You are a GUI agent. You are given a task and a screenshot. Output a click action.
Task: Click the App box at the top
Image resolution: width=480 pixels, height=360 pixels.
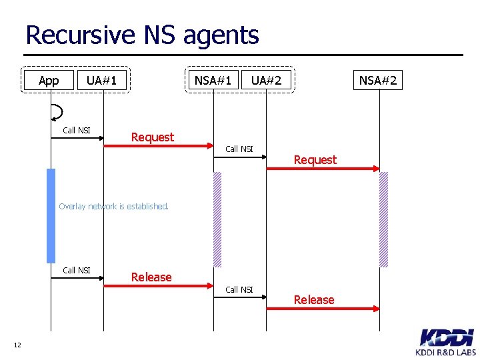coord(49,81)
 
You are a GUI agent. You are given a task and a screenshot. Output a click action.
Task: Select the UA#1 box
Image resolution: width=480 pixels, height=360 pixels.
coord(102,81)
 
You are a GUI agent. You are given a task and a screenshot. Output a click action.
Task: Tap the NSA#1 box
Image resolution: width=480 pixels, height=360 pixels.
coord(213,81)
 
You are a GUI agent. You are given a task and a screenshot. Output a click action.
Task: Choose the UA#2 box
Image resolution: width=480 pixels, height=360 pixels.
coord(266,81)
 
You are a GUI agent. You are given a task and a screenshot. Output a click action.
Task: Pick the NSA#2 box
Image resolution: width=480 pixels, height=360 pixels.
coord(378,81)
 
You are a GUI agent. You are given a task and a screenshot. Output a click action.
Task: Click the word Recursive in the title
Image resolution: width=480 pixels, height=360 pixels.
coord(80,35)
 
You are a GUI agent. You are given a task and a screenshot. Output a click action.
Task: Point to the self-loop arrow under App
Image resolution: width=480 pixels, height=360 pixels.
coord(57,111)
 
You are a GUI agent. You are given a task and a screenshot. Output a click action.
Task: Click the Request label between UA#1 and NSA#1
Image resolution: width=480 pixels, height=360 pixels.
coord(152,137)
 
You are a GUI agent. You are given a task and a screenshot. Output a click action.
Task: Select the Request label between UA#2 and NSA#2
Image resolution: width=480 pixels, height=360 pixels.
coord(315,160)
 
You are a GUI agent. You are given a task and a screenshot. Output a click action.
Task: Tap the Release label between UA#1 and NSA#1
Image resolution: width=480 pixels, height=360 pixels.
coord(151,277)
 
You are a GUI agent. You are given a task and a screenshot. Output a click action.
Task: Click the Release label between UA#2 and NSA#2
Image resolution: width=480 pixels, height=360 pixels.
coord(314,300)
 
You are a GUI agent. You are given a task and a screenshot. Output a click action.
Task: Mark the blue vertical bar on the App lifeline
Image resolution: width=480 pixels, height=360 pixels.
coord(51,215)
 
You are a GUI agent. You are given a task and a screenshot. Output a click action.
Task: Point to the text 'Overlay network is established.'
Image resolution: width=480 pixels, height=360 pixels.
coord(113,207)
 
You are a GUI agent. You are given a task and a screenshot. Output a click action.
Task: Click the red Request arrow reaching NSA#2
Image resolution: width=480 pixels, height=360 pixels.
coord(323,169)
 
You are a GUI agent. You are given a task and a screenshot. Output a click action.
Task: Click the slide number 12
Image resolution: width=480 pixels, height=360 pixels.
coord(17,345)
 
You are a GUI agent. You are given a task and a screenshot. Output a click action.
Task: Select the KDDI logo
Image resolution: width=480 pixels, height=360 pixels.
coord(446,337)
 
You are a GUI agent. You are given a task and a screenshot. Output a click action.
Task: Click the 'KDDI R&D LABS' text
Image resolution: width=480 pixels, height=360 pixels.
coord(446,352)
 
